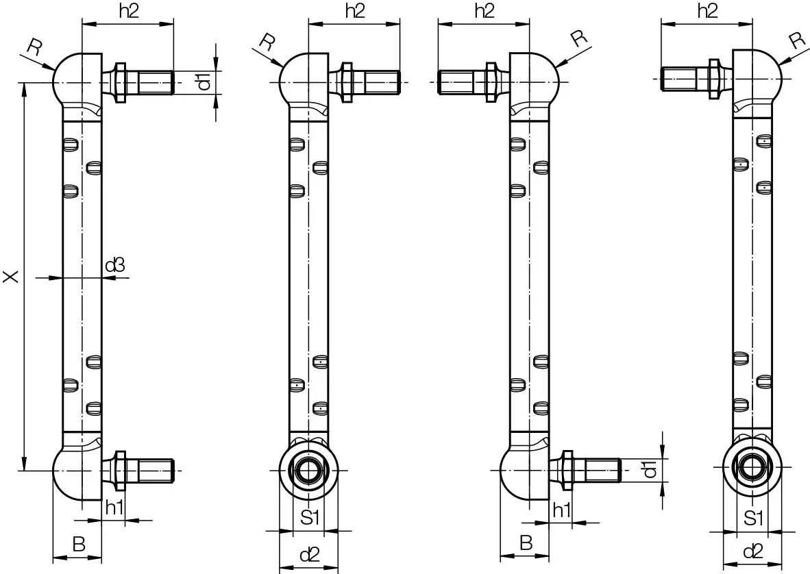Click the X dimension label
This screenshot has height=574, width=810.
point(10,277)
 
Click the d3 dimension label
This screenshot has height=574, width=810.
point(115,265)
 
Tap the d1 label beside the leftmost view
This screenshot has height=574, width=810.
point(204,82)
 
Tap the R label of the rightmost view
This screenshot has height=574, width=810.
point(796,40)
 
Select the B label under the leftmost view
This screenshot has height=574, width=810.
point(79,545)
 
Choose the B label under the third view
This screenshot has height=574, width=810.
point(526,543)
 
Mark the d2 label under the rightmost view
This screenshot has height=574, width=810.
point(752,551)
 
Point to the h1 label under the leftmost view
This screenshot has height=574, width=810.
point(114,508)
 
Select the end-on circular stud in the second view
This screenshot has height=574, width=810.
point(308,471)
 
